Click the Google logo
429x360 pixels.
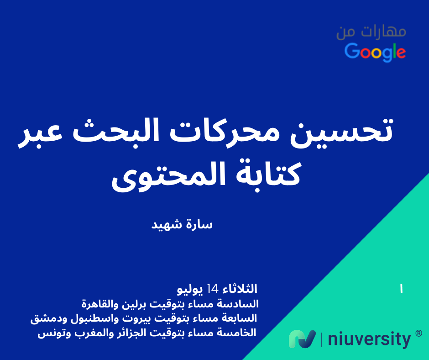375,52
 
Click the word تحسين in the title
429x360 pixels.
341,131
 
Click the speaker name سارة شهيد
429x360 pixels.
182,225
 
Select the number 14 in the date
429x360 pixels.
213,288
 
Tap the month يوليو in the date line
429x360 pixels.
190,289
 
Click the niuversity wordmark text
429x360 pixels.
369,339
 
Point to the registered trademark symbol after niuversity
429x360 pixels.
419,334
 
